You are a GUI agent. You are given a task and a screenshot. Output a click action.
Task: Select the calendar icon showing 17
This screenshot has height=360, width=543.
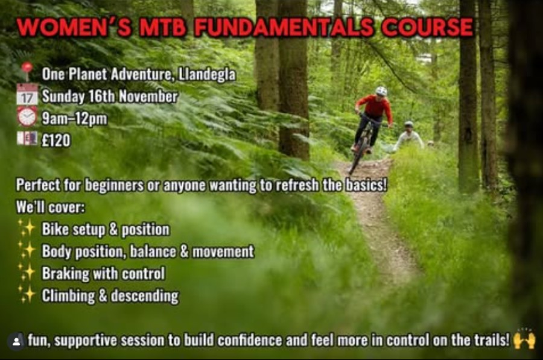coord(27,95)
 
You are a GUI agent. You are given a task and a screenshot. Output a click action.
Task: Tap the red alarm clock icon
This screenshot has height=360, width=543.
coord(27,116)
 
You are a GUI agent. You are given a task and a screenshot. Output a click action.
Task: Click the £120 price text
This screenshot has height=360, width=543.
coord(56,141)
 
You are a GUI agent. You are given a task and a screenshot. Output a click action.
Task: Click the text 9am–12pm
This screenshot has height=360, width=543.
coord(74,118)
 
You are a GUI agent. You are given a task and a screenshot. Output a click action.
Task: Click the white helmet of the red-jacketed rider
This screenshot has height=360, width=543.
coord(381,91)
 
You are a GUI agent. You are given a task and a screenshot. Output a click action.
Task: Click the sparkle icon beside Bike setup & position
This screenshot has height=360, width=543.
coord(27,229)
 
